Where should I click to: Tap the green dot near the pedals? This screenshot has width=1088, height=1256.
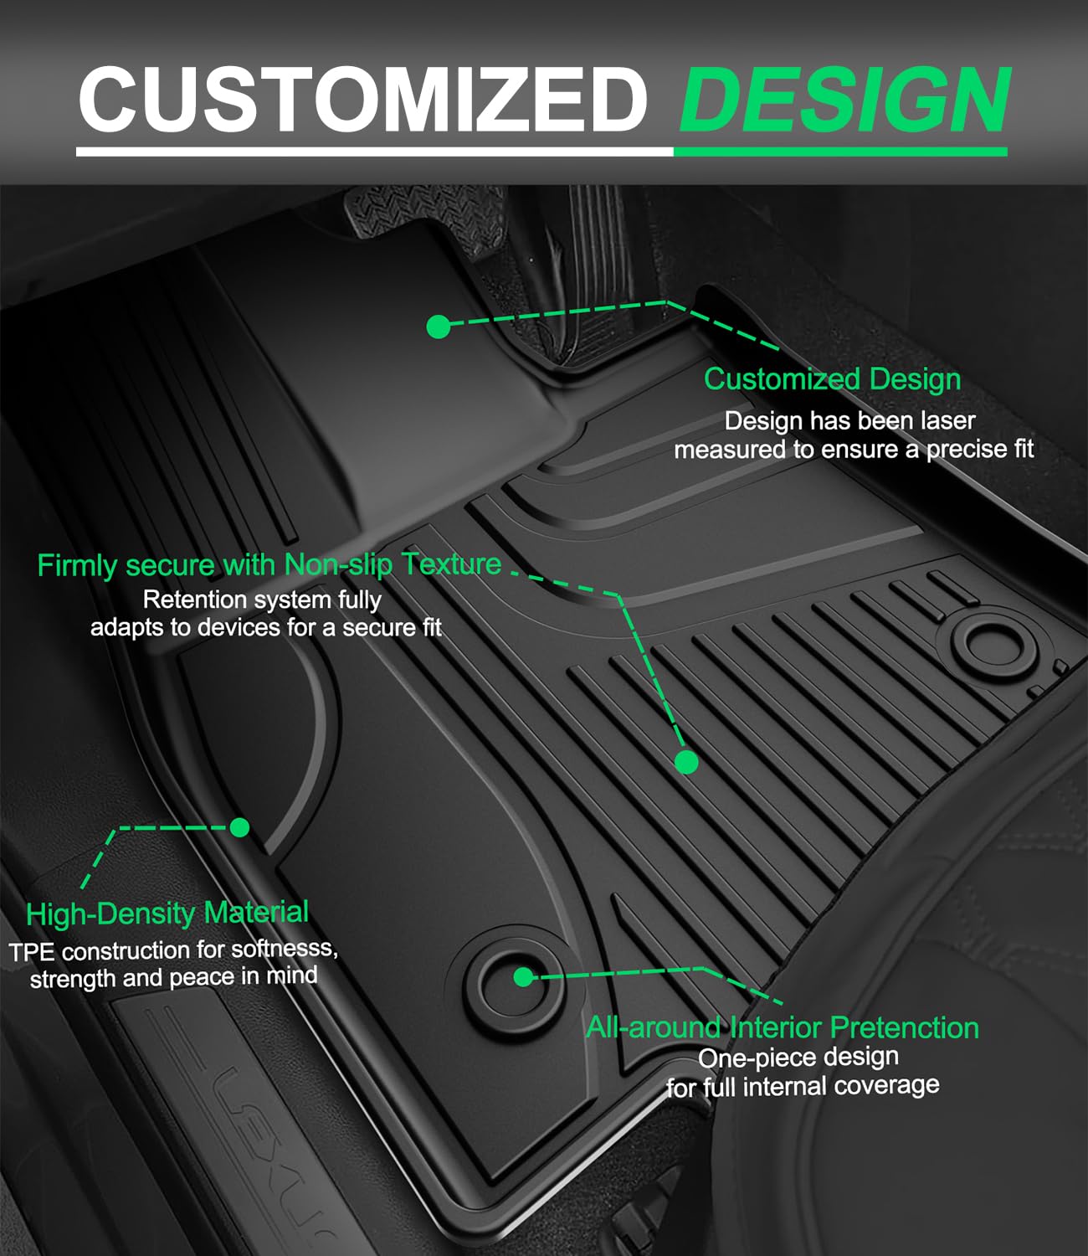pos(439,327)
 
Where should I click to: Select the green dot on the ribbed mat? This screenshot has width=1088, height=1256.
pos(686,762)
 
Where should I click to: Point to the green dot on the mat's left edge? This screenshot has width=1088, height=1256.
pos(240,827)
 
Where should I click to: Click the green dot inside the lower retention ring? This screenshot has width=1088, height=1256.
pos(523,976)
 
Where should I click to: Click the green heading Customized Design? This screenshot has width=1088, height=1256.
pos(832,379)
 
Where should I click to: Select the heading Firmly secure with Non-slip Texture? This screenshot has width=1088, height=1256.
pos(269,564)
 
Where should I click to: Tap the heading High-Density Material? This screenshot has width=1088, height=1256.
pos(167,913)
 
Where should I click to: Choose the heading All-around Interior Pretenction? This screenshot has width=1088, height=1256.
pos(782,1027)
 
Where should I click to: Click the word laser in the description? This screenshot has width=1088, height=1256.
pos(946,420)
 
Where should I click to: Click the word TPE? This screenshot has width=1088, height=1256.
pos(32,953)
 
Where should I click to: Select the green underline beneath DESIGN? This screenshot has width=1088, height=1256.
pos(839,152)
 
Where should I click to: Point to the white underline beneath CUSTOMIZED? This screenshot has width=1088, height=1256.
pos(374,152)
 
